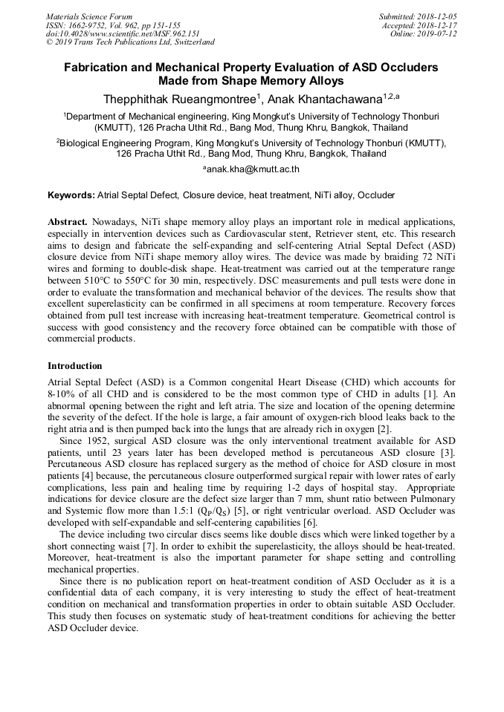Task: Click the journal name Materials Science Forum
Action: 89,16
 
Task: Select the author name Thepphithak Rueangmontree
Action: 179,99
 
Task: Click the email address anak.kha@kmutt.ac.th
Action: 253,169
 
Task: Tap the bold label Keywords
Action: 71,195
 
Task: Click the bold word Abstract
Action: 68,222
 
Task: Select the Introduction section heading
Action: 75,365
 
